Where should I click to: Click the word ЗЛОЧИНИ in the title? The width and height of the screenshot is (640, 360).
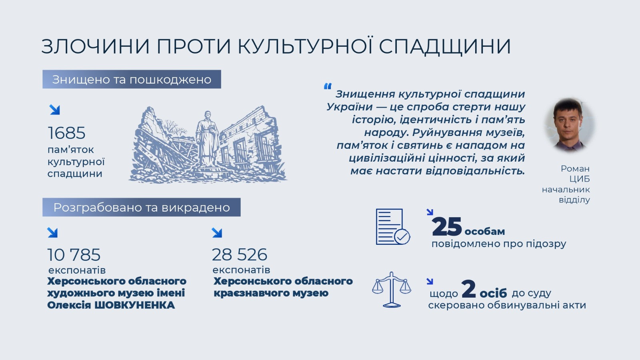(x=96, y=46)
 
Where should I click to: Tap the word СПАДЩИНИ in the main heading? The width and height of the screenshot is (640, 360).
(x=445, y=46)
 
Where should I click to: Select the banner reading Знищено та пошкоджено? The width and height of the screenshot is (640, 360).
(x=132, y=79)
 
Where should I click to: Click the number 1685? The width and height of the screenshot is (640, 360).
(x=66, y=133)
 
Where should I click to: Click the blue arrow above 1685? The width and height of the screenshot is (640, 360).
(x=54, y=110)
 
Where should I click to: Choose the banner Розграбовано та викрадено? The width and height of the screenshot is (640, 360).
(x=142, y=207)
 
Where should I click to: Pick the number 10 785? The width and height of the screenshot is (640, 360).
(x=74, y=254)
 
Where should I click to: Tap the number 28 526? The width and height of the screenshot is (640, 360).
(x=240, y=254)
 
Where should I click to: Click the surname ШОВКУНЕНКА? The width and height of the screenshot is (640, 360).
(x=134, y=305)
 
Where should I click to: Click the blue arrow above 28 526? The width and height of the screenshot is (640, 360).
(x=217, y=232)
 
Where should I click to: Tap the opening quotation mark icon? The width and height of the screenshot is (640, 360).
(x=328, y=86)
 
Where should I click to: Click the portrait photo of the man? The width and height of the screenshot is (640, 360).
(x=569, y=125)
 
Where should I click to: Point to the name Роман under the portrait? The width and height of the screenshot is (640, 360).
(x=575, y=168)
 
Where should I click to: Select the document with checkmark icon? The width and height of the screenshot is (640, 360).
(x=393, y=226)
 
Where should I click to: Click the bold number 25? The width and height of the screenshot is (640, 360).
(x=447, y=226)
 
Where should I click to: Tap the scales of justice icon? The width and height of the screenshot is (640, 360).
(x=392, y=290)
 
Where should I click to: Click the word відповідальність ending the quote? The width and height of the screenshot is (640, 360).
(x=475, y=171)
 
